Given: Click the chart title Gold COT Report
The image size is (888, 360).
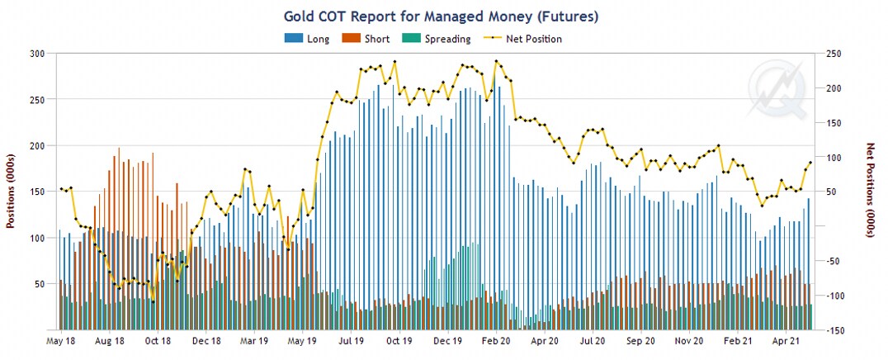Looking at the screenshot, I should [441, 16].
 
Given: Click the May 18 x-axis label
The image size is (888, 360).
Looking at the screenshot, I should [62, 340].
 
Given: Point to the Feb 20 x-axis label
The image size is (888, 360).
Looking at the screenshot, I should [496, 340].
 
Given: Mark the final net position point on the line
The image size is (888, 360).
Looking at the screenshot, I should [810, 163].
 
